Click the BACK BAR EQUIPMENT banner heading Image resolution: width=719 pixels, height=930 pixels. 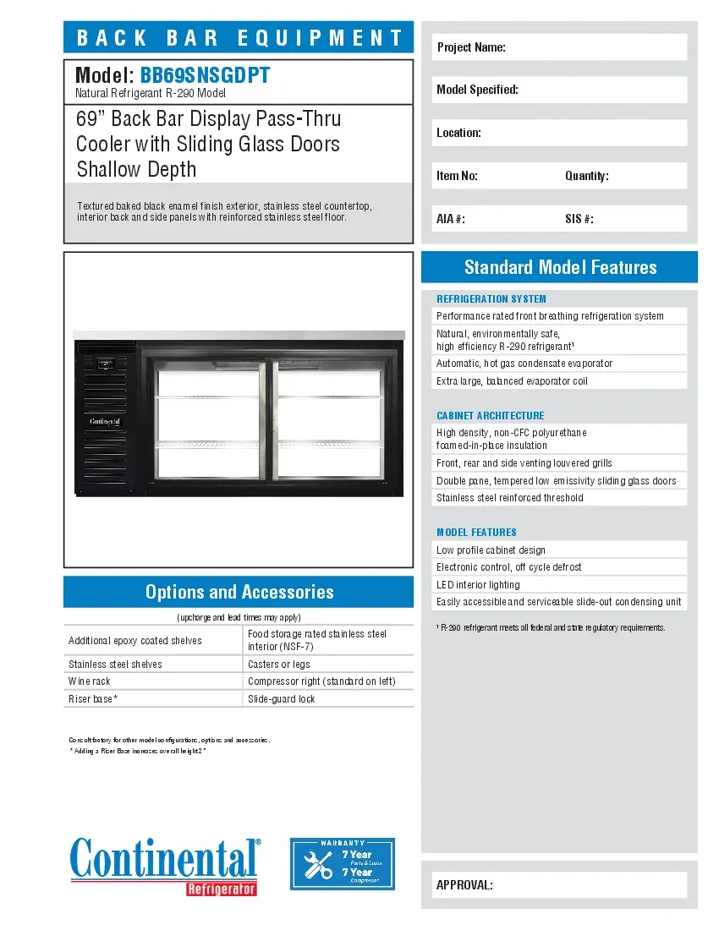coord(239,38)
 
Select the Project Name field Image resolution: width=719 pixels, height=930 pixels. coord(559,47)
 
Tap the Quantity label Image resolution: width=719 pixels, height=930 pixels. coord(586,176)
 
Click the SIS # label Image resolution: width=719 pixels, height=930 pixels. coord(579,219)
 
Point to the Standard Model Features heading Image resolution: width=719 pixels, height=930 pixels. coord(560,267)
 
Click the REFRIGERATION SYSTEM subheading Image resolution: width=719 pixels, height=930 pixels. coord(491,298)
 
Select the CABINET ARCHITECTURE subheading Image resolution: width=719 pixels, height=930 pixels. coord(490,415)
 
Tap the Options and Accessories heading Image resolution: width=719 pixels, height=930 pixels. coord(239,592)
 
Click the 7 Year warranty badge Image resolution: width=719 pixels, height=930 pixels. coord(343,863)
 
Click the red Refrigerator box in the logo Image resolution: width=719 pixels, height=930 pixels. coord(222,889)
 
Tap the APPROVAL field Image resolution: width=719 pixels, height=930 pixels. coord(559,885)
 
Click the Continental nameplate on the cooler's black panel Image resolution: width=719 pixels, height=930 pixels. coord(105,421)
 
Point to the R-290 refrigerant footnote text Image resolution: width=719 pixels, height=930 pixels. coord(551,627)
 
